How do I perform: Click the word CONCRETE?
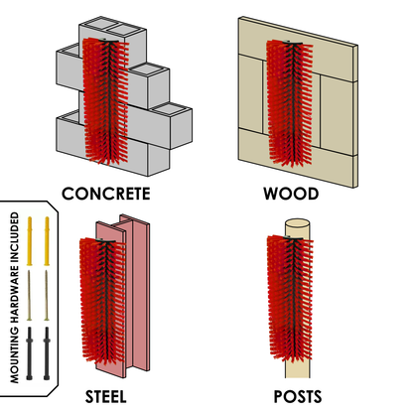[x=106, y=194]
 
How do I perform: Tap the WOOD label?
[x=291, y=194]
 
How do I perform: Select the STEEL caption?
[x=106, y=397]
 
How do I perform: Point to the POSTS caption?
[x=298, y=397]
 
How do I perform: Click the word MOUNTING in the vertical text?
[x=15, y=355]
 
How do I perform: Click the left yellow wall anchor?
[x=30, y=241]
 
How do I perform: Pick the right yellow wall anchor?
[x=47, y=241]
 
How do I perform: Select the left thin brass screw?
[x=29, y=296]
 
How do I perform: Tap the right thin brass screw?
[x=47, y=296]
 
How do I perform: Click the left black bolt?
[x=30, y=353]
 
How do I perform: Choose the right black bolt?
[x=47, y=353]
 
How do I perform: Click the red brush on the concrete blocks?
[x=105, y=101]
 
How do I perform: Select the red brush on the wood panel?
[x=290, y=103]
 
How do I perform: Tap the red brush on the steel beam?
[x=103, y=300]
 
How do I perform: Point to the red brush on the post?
[x=290, y=299]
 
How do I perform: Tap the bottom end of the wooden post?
[x=298, y=376]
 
